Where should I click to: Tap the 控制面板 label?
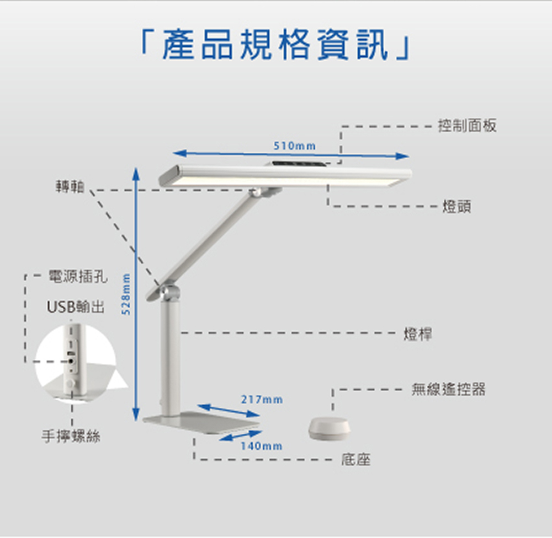pos(467,126)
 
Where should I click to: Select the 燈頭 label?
pos(457,207)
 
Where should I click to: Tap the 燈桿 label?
pos(418,333)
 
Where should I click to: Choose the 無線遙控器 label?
pos(448,390)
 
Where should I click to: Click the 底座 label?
pos(356,459)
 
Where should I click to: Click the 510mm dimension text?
pos(295,146)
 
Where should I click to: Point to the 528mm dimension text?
pos(126,294)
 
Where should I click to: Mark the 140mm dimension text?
pos(262,445)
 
